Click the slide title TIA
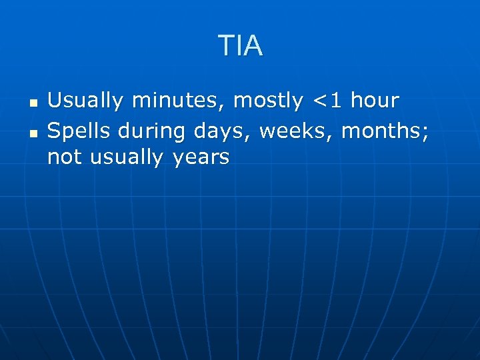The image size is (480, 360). click(x=240, y=46)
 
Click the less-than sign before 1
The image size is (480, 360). click(x=321, y=102)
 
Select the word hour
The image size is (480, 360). click(x=374, y=101)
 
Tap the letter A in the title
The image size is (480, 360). click(x=253, y=46)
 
